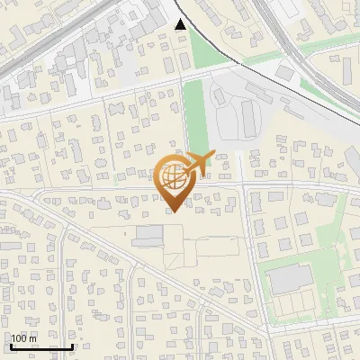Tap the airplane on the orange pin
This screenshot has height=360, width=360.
[x=200, y=164]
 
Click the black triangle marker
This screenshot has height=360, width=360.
[x=181, y=24]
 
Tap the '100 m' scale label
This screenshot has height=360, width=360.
[x=26, y=338]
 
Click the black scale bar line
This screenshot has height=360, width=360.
[x=41, y=346]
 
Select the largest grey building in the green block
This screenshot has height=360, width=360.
[x=291, y=279]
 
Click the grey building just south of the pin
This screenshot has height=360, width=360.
[x=148, y=236]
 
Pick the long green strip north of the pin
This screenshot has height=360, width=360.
[x=195, y=117]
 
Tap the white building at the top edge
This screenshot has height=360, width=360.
[x=288, y=7]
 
